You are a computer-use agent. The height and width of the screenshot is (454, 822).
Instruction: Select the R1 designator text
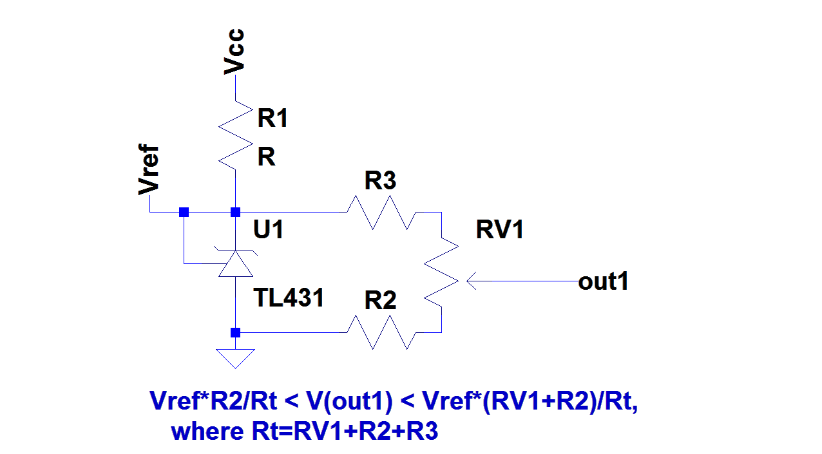[272, 118]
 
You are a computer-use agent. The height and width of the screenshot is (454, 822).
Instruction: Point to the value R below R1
[266, 157]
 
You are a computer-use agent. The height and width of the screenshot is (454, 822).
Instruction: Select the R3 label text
[380, 182]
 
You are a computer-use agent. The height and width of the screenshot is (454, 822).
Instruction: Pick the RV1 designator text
[500, 230]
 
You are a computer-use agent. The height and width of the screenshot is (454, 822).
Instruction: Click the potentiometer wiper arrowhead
[471, 281]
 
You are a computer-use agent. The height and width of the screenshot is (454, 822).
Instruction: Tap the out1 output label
[603, 281]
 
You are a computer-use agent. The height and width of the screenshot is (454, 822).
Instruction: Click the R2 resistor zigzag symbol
[380, 332]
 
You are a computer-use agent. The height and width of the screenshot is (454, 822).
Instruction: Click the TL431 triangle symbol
[236, 264]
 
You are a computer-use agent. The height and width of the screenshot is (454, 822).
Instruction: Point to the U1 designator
[269, 230]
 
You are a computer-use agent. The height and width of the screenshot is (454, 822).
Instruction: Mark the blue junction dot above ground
[236, 332]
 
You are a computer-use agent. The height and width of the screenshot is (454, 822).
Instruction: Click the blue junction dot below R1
[236, 212]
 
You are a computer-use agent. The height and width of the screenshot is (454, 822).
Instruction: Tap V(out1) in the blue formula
[348, 401]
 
